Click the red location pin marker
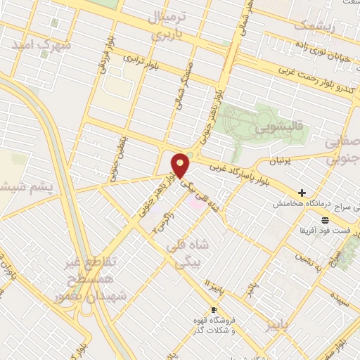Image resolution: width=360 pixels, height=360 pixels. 181,164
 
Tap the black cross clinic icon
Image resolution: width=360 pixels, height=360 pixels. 302,192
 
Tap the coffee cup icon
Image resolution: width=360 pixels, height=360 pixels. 214,309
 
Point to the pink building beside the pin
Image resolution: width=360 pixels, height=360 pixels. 193,202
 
